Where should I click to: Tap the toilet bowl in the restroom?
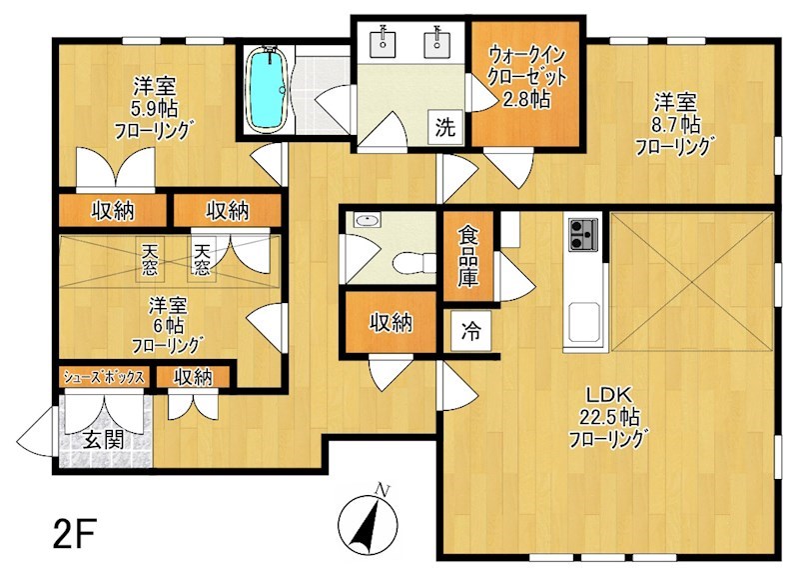point(411,263)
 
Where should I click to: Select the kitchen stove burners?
point(583,234)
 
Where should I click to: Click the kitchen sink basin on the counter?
point(583,321)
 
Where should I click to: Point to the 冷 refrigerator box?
point(470,331)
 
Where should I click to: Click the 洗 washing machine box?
point(445,127)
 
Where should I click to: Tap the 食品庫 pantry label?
point(468,256)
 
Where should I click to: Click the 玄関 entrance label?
point(104,439)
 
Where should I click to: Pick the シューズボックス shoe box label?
point(104,377)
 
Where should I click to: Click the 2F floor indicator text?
point(74,533)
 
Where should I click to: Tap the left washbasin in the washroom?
point(383,39)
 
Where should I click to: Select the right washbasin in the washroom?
point(437,39)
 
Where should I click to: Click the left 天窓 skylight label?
point(149,260)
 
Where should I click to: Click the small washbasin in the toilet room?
point(367,220)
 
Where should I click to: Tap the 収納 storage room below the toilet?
point(391,322)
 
